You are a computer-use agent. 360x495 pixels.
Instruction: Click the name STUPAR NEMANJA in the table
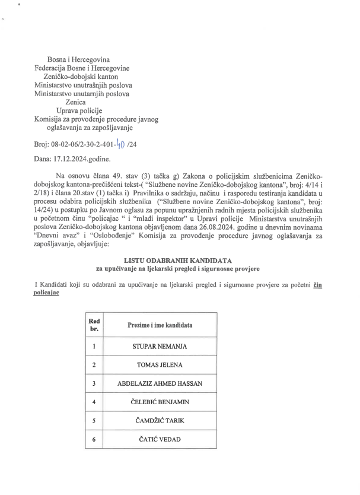click(x=160, y=345)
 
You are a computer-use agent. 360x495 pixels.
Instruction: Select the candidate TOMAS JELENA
click(x=160, y=364)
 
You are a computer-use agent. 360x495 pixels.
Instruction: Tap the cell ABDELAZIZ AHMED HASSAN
click(x=160, y=383)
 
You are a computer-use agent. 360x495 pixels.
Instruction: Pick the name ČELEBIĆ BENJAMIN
click(x=160, y=402)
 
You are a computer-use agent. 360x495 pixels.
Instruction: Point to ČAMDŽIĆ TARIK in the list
click(x=160, y=421)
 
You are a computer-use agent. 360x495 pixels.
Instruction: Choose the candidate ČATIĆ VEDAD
click(x=160, y=440)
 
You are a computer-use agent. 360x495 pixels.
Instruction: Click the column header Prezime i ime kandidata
click(x=160, y=326)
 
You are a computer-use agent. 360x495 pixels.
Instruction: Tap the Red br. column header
click(x=94, y=325)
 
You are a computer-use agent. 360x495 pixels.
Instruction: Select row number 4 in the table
click(x=94, y=402)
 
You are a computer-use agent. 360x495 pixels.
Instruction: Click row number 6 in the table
click(x=94, y=440)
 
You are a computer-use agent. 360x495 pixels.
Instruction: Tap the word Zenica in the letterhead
click(x=75, y=102)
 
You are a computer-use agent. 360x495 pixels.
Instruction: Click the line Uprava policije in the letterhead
click(x=79, y=110)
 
